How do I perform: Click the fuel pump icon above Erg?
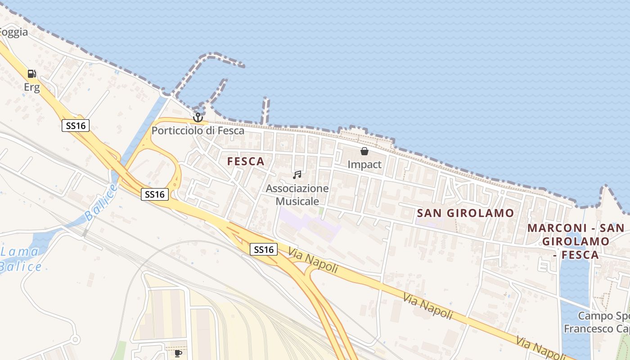pyautogui.click(x=31, y=74)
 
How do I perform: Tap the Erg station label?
pyautogui.click(x=32, y=87)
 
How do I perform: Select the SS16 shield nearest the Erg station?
pyautogui.click(x=76, y=126)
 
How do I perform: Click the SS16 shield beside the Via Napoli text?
pyautogui.click(x=264, y=249)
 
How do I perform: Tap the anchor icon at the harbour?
pyautogui.click(x=198, y=117)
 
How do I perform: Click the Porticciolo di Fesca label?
pyautogui.click(x=198, y=131)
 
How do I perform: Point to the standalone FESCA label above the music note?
pyautogui.click(x=246, y=162)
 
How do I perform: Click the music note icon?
pyautogui.click(x=297, y=175)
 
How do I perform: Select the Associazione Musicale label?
pyautogui.click(x=297, y=194)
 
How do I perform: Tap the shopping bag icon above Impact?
pyautogui.click(x=364, y=151)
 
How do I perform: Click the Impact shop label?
pyautogui.click(x=364, y=165)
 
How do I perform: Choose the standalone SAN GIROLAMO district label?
pyautogui.click(x=465, y=213)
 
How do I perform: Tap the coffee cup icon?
pyautogui.click(x=178, y=353)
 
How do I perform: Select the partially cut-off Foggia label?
pyautogui.click(x=13, y=32)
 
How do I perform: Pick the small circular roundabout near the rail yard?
pyautogui.click(x=75, y=339)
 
